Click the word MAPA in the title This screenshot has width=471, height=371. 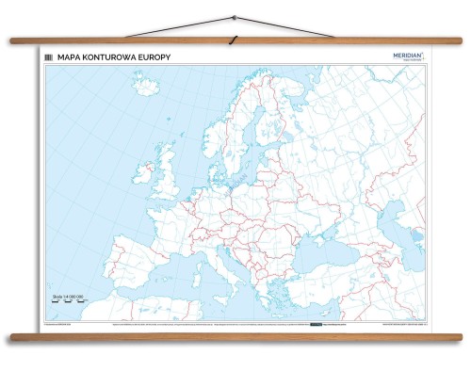[68, 57]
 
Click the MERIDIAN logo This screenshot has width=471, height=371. [408, 56]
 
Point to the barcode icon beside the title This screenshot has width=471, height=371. [48, 57]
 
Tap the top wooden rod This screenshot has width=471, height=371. [235, 40]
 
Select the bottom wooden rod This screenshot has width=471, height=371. [235, 336]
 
